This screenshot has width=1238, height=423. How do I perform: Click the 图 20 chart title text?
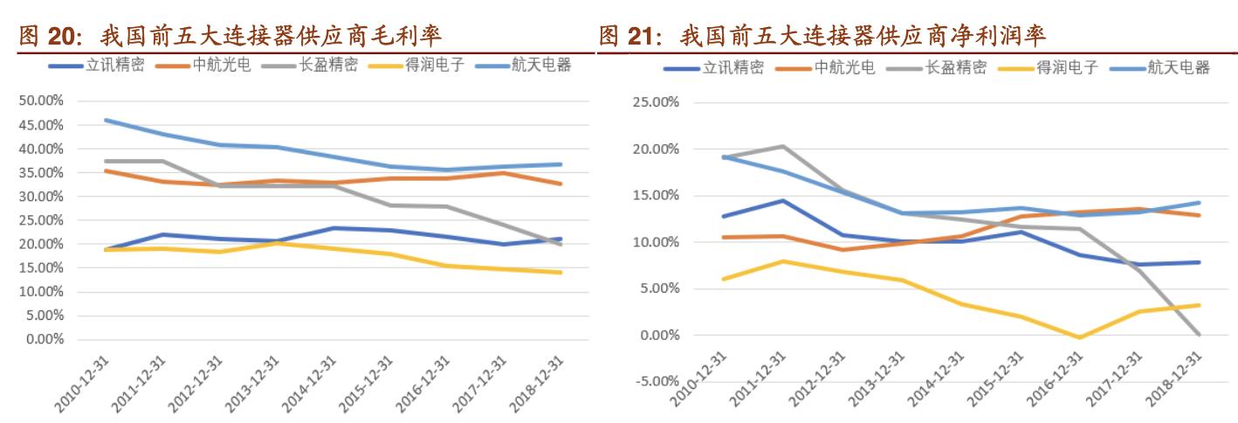(230, 36)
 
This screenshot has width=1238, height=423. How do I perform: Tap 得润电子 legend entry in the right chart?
(1061, 68)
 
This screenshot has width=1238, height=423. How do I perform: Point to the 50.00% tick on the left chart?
(41, 101)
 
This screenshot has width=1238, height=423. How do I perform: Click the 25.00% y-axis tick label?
(656, 102)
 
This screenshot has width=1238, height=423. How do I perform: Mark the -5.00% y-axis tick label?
(656, 382)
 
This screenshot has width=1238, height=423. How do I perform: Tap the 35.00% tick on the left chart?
(41, 173)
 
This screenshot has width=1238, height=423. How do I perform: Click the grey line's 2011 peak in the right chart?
(782, 146)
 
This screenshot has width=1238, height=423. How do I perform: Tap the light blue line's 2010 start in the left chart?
(107, 120)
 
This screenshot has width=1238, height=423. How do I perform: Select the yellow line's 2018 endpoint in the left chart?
(561, 273)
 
